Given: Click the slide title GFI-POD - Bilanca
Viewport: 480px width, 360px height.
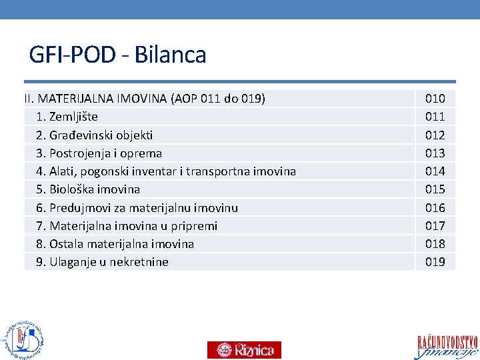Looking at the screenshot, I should tap(117, 55).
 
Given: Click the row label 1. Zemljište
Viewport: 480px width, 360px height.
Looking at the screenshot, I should tap(67, 117).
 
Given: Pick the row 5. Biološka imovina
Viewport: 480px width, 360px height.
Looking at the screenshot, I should tap(88, 189).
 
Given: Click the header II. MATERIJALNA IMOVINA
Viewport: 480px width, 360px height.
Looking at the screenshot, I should tap(145, 99).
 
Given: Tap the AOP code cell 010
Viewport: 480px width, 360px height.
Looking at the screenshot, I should tap(435, 99).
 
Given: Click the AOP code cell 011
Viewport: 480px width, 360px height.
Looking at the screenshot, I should tap(435, 117).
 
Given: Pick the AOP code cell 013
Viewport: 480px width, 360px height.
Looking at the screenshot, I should tap(435, 153).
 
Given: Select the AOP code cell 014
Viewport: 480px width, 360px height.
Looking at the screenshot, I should tap(435, 171).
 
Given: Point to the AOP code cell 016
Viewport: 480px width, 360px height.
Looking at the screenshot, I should tap(435, 208).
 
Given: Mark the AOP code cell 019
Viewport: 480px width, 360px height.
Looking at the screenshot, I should tap(435, 262).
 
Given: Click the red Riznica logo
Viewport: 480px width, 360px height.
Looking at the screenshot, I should tap(244, 349).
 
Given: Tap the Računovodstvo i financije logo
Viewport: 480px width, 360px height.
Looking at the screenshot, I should tap(447, 345).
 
